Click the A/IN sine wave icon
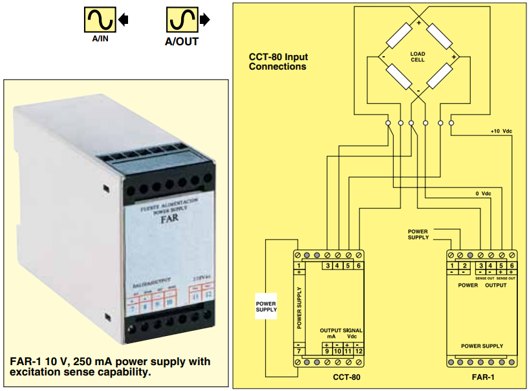click(x=100, y=20)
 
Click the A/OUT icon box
click(x=182, y=20)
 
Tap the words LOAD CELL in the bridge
click(x=418, y=56)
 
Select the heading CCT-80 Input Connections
click(x=278, y=61)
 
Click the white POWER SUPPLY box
click(x=266, y=306)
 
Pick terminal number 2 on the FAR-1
click(x=464, y=266)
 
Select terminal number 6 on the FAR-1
click(x=512, y=266)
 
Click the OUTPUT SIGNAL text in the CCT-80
click(x=341, y=330)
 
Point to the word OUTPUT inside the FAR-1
click(x=496, y=284)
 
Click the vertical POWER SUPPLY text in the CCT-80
click(x=299, y=308)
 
